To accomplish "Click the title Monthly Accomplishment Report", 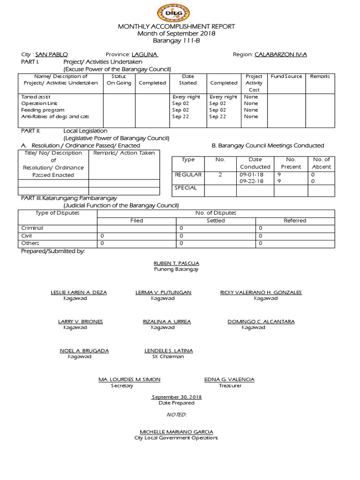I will click(x=176, y=27).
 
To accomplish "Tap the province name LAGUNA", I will click(x=145, y=54).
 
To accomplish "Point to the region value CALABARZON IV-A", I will click(x=281, y=54).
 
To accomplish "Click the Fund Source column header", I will click(x=286, y=76).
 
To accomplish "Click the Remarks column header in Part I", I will click(x=320, y=76).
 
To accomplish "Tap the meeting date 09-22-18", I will click(x=251, y=181).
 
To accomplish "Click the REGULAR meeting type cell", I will click(x=188, y=174).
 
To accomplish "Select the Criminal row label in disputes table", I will click(x=32, y=228).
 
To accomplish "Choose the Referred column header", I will click(x=295, y=220).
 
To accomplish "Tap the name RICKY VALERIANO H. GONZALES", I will click(x=261, y=292).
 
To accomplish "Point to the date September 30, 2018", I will click(x=176, y=397).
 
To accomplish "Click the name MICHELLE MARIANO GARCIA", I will click(x=176, y=431).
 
